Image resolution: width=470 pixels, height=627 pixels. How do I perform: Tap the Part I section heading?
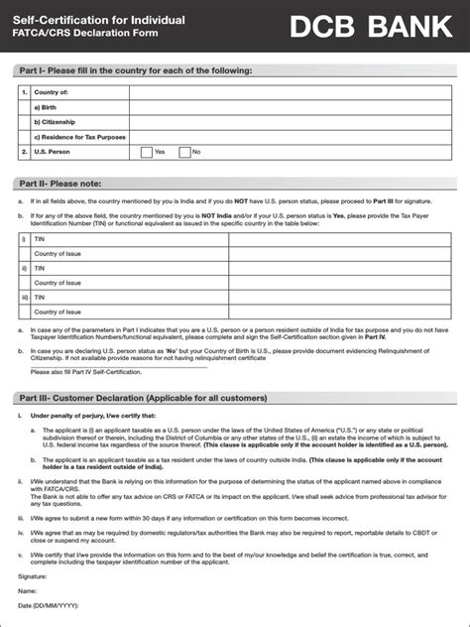135,70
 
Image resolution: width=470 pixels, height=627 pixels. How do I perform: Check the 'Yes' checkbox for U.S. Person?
146,152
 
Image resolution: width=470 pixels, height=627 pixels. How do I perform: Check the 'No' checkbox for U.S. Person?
184,152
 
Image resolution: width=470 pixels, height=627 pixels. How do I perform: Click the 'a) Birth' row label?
48,107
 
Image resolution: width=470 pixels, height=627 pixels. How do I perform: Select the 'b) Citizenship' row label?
56,122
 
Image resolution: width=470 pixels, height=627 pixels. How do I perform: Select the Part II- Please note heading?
75,184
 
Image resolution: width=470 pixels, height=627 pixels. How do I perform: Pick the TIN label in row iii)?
41,296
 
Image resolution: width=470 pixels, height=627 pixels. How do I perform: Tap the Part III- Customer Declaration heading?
143,398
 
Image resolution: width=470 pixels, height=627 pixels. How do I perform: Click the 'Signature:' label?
33,575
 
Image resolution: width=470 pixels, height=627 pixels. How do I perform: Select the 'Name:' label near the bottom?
29,590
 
